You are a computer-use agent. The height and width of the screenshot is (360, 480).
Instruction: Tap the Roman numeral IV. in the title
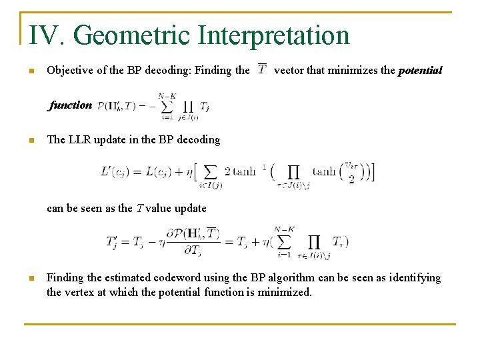[46, 35]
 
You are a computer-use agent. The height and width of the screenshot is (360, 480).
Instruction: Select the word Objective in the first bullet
[69, 70]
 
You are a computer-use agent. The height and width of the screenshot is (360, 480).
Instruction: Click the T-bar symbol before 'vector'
[262, 69]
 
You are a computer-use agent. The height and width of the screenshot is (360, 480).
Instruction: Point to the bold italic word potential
[420, 70]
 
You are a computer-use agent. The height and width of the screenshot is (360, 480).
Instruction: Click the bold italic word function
[71, 105]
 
